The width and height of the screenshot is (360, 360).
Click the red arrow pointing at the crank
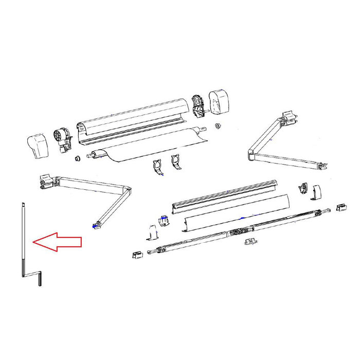tap(57, 242)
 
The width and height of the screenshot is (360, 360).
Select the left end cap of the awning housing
tap(39, 146)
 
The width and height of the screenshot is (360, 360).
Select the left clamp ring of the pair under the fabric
tap(158, 167)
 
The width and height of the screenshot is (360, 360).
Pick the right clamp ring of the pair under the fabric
tap(175, 164)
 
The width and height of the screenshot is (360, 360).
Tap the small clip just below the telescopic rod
tap(251, 241)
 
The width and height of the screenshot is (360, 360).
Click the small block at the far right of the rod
tap(340, 207)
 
